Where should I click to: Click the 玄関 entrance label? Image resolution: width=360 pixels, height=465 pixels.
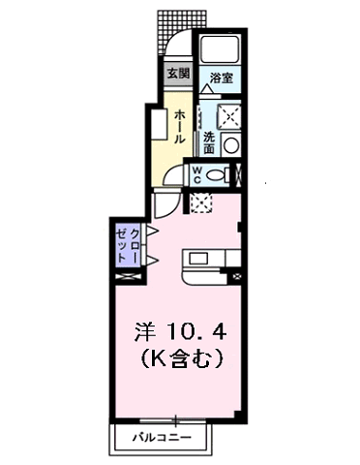pyautogui.click(x=176, y=74)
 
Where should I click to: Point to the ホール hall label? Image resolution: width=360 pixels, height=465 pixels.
pyautogui.click(x=180, y=126)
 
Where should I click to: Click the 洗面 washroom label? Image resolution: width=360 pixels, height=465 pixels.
pyautogui.click(x=209, y=141)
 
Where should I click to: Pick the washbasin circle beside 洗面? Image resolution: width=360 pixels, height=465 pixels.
pyautogui.click(x=230, y=145)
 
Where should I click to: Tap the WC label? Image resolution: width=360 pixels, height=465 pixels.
pyautogui.click(x=196, y=174)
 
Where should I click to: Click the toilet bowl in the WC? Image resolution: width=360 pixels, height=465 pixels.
pyautogui.click(x=221, y=175)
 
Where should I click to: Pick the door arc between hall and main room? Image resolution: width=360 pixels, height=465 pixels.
pyautogui.click(x=166, y=201)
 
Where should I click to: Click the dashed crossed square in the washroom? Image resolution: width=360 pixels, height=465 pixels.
pyautogui.click(x=231, y=116)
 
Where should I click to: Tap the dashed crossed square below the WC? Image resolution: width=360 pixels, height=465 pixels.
pyautogui.click(x=201, y=202)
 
